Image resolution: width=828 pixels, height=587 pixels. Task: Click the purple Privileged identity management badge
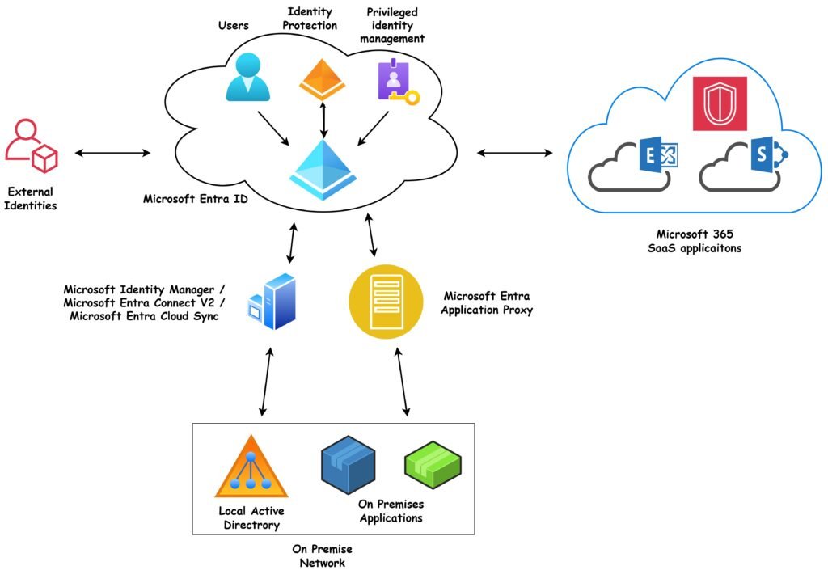(394, 82)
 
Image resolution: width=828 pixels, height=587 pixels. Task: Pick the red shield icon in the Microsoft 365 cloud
(720, 103)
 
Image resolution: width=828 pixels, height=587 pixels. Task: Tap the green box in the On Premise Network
(433, 463)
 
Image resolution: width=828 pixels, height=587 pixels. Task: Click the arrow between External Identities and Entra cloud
(112, 152)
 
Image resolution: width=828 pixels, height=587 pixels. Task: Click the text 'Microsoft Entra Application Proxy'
(488, 303)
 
